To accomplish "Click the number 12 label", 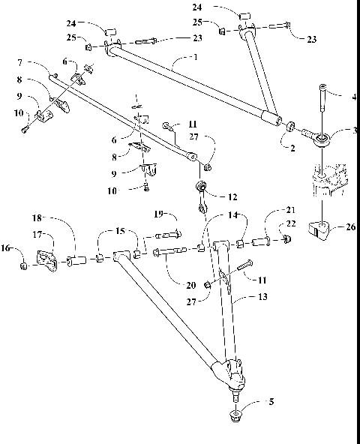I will [232, 196].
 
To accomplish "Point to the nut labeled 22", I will [286, 239].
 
